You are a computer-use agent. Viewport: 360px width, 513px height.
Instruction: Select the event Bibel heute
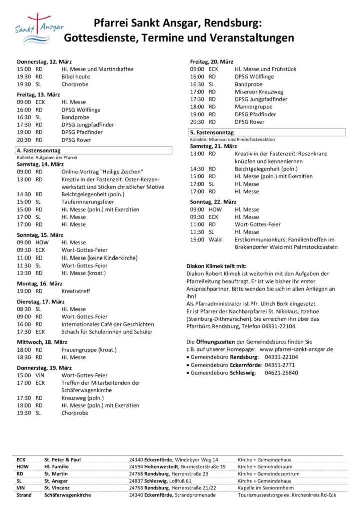76,77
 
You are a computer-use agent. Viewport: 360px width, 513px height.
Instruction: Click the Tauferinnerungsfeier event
88,202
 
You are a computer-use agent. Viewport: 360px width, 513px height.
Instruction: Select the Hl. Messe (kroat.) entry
86,273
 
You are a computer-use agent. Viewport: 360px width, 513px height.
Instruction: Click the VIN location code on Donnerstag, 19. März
40,375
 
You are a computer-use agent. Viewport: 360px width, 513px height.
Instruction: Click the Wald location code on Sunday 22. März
215,240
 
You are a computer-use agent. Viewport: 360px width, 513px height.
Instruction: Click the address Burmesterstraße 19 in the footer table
200,466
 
